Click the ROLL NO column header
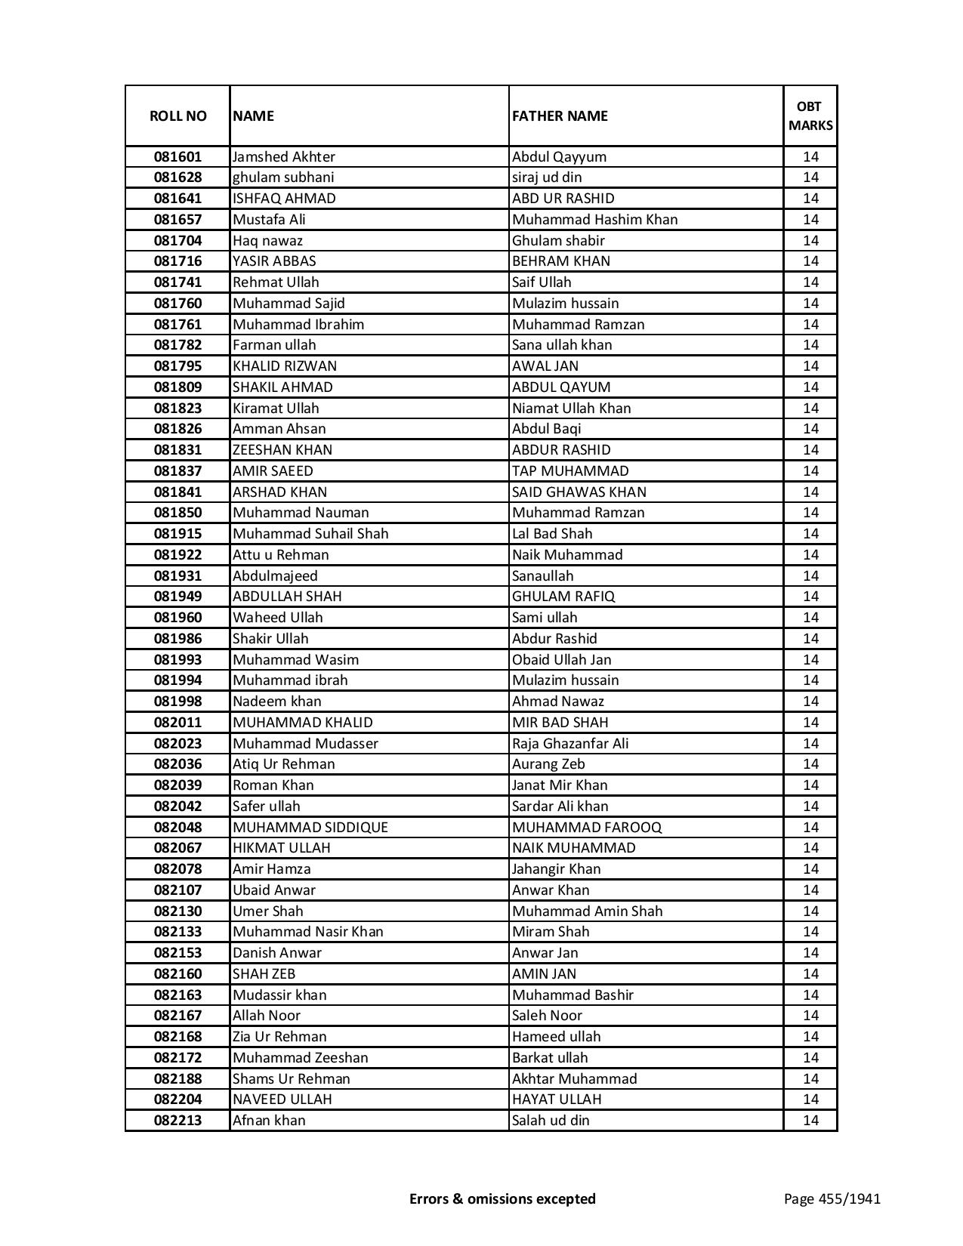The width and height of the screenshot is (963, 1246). pyautogui.click(x=177, y=116)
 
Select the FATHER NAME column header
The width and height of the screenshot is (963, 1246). pyautogui.click(x=560, y=116)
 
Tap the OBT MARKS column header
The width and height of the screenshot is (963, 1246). pyautogui.click(x=810, y=116)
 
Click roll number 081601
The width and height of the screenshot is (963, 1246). pyautogui.click(x=177, y=157)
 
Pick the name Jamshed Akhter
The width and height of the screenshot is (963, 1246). pyautogui.click(x=284, y=157)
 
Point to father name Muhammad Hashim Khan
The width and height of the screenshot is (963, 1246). pyautogui.click(x=594, y=220)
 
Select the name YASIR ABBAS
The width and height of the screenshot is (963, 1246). pyautogui.click(x=274, y=261)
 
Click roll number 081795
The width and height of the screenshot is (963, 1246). pyautogui.click(x=177, y=366)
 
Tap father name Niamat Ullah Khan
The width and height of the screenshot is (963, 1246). pyautogui.click(x=571, y=409)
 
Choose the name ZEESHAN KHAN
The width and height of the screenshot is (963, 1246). pyautogui.click(x=282, y=450)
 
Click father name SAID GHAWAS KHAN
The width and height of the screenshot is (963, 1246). pyautogui.click(x=579, y=492)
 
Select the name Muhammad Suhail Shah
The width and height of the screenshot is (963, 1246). pyautogui.click(x=310, y=534)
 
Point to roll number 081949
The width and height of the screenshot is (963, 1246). pyautogui.click(x=177, y=597)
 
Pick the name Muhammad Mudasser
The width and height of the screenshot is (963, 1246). pyautogui.click(x=305, y=744)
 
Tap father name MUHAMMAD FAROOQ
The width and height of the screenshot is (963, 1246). pyautogui.click(x=587, y=828)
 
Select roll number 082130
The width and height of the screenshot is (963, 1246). pyautogui.click(x=177, y=911)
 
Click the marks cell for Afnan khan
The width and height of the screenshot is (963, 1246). pyautogui.click(x=810, y=1121)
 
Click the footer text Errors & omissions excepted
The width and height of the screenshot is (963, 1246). pyautogui.click(x=502, y=1198)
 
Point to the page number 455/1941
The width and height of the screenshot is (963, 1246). pyautogui.click(x=832, y=1198)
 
